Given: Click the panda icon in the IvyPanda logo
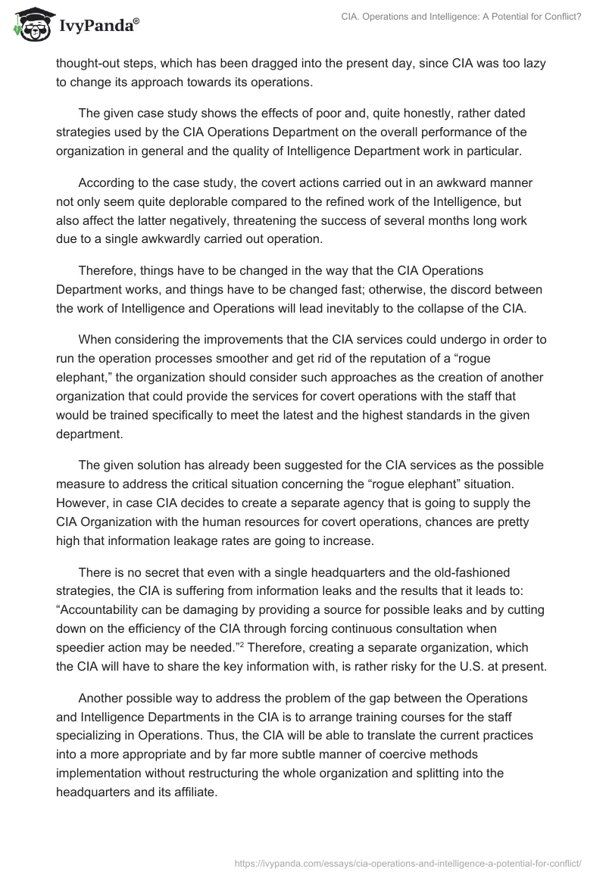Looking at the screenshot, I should (x=29, y=26).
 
